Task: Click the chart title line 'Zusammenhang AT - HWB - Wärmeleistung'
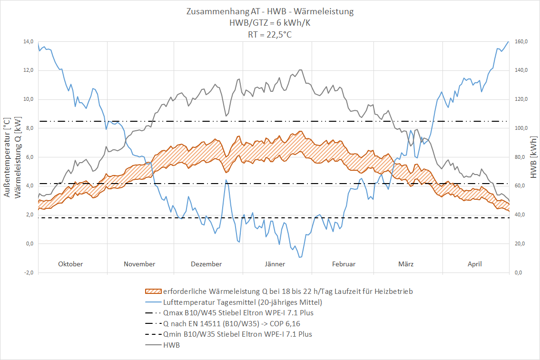tap(270, 11)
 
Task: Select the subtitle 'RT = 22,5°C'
tap(270, 34)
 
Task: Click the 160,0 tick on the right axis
tap(520, 42)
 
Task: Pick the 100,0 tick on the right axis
tap(520, 128)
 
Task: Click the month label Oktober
tap(70, 264)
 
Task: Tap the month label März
tap(406, 264)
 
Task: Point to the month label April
tap(475, 264)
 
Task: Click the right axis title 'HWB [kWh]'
tap(533, 157)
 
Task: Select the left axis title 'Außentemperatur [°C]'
tap(7, 157)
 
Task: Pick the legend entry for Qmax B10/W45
tap(238, 313)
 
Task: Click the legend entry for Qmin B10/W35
tap(237, 334)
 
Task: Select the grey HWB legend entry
tap(171, 345)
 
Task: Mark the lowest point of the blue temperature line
tap(300, 257)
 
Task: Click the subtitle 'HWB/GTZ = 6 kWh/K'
tap(270, 23)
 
